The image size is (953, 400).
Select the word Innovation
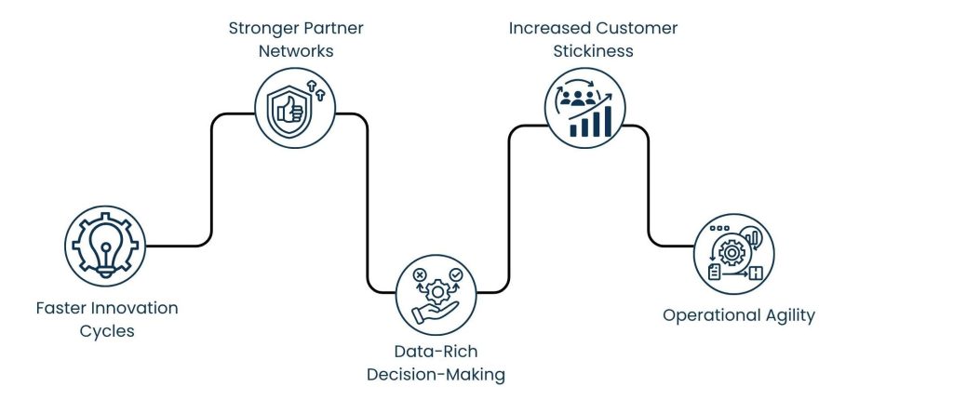tap(137, 308)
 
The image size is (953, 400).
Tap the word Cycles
tap(107, 331)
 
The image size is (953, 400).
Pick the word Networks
tap(295, 50)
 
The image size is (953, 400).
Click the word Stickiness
tap(593, 50)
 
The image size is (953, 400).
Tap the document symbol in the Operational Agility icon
tap(715, 272)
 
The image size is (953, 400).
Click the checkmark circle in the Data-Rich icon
tap(455, 276)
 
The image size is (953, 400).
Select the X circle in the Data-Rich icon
tap(418, 276)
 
